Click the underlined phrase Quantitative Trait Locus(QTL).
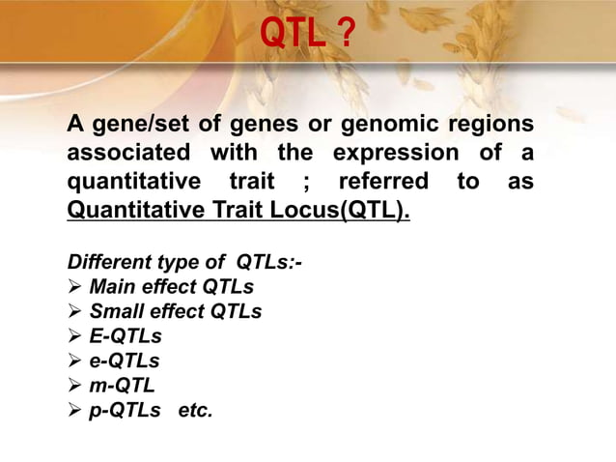[x=238, y=210]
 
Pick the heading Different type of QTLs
[x=184, y=262]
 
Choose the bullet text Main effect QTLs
[x=171, y=287]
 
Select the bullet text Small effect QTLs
[x=175, y=311]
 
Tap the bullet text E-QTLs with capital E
[x=125, y=336]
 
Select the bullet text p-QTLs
[x=125, y=411]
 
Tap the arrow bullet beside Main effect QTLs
[x=75, y=287]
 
